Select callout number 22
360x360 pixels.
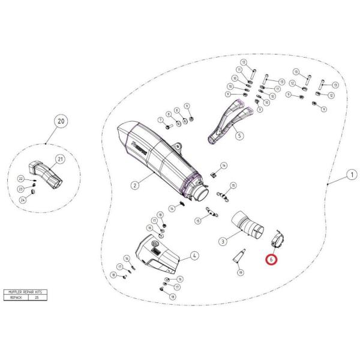(x=37, y=179)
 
